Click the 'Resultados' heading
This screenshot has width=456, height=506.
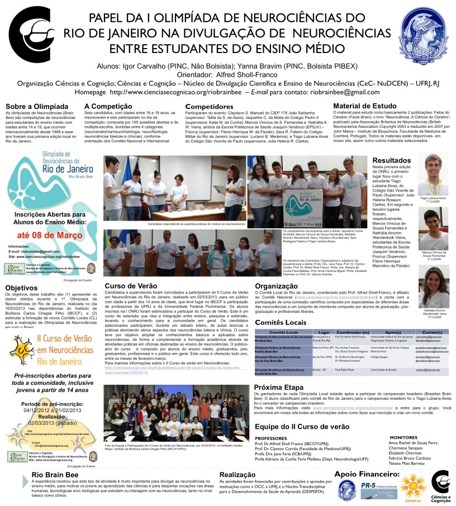click(392, 160)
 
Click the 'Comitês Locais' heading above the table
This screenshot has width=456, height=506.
click(283, 323)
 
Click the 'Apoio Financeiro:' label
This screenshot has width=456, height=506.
click(367, 474)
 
